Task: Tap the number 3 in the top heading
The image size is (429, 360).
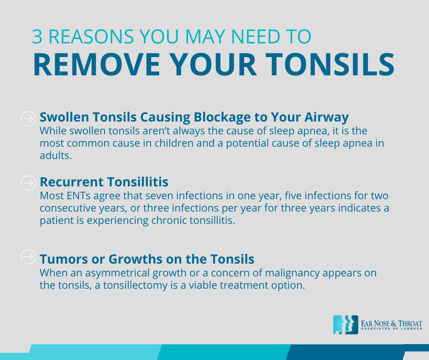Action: tap(37, 36)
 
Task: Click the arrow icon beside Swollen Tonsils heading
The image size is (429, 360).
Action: tap(28, 119)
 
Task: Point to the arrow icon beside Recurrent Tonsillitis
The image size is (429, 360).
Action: tap(28, 183)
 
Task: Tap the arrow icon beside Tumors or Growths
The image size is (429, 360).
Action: tap(28, 257)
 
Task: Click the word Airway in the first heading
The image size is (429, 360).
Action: tap(326, 117)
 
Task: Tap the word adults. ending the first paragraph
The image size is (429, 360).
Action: tap(56, 155)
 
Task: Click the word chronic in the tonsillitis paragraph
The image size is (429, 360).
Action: tap(169, 220)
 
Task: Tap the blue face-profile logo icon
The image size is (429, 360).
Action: tap(345, 325)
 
